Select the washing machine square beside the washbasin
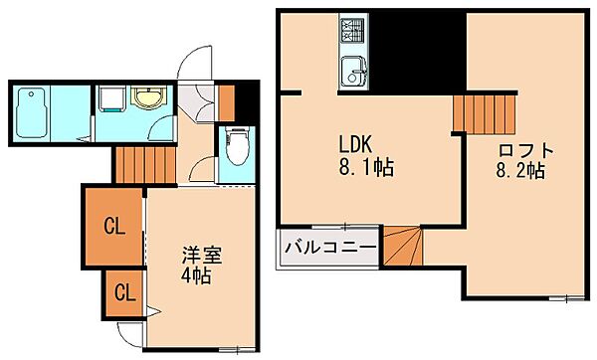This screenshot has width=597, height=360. click(x=109, y=99)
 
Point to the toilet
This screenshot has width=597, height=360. click(x=236, y=149)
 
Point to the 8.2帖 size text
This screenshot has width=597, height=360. click(x=521, y=170)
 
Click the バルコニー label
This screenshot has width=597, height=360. click(x=329, y=247)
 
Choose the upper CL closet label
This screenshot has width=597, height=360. click(x=115, y=227)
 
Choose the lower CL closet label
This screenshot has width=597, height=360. click(x=124, y=292)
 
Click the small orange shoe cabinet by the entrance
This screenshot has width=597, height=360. click(x=227, y=100)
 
